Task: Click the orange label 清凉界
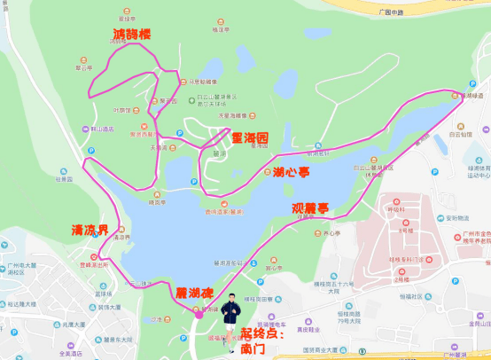coord(90,230)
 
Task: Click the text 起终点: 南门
coord(263,342)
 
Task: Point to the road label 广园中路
coord(391,12)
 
